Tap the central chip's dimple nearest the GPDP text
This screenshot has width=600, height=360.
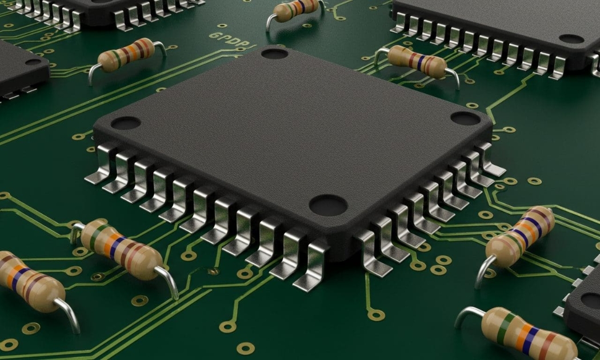(x=274, y=54)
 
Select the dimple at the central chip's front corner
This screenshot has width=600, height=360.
(x=327, y=205)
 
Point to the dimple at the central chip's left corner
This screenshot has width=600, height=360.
(x=125, y=123)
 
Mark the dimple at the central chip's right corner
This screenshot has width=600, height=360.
(x=465, y=118)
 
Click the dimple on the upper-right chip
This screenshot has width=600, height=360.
(x=571, y=39)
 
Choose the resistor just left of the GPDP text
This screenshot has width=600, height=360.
(x=126, y=55)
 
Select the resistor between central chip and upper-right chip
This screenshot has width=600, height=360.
(x=417, y=62)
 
